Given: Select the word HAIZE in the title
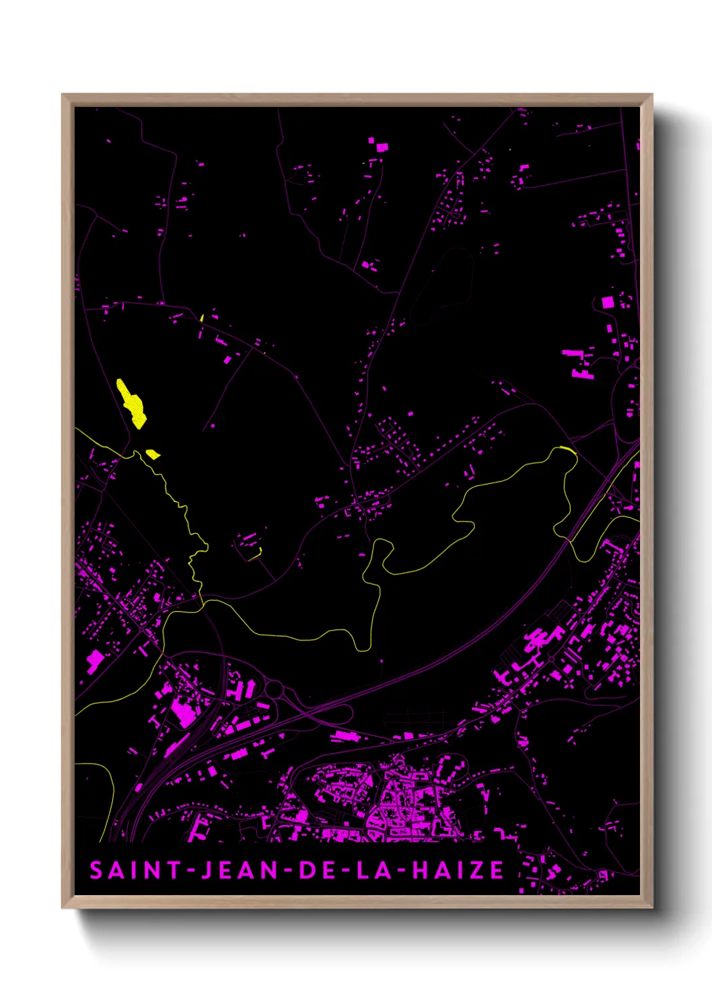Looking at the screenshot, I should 458,870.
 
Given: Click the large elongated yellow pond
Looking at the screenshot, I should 131,402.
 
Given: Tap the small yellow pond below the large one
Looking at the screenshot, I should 153,454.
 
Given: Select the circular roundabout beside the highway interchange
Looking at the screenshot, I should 274,689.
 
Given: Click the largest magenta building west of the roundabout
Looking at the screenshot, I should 182,711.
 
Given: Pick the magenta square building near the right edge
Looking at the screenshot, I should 608,302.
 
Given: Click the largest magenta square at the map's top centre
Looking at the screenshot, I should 382,146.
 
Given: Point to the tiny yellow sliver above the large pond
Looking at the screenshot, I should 202,317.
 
